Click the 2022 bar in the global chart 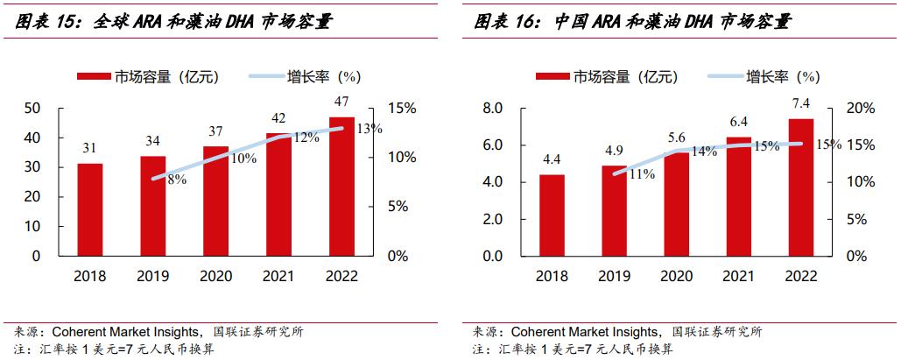coord(342,186)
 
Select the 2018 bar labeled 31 coord(90,209)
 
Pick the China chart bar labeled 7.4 coord(801,187)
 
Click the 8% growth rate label coord(177,180)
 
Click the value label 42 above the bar coord(279,118)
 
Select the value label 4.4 coord(552,160)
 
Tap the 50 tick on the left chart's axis coord(32,108)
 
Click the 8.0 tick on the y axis coord(493,108)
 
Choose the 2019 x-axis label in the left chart coord(153,276)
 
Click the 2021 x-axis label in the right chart coord(739,276)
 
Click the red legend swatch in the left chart coord(95,77)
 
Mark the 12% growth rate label coord(305,138)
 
